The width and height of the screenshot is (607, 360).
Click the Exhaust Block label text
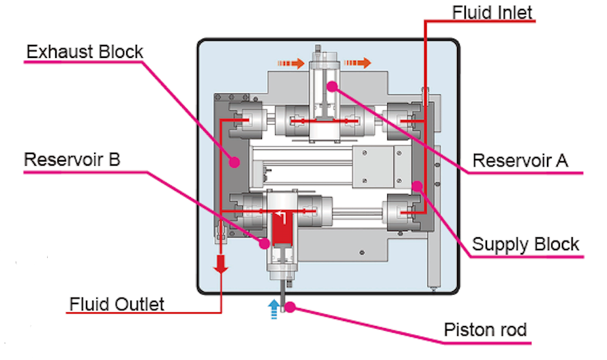point(85,52)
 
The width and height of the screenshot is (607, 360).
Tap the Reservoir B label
point(72,160)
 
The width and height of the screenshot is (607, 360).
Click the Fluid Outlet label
point(117,303)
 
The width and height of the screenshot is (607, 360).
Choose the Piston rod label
point(486,331)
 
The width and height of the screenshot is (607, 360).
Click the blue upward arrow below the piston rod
point(274,309)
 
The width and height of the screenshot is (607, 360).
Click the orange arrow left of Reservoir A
point(291,63)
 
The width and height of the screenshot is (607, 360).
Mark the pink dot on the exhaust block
point(233,162)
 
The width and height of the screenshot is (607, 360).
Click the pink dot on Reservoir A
point(332,86)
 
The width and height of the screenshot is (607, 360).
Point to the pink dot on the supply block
point(417,185)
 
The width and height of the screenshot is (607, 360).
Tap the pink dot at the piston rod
point(289,307)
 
